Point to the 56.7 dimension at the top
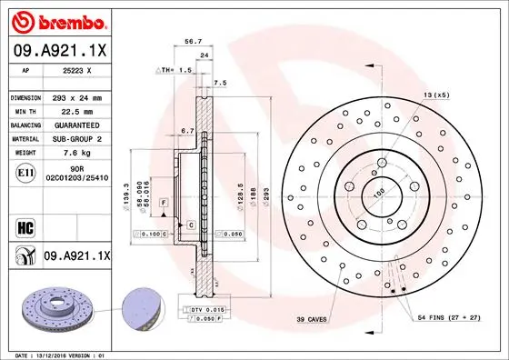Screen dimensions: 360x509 tap(193, 41)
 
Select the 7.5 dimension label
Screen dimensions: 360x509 tap(219, 84)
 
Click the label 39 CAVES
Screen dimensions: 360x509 tap(311, 321)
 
